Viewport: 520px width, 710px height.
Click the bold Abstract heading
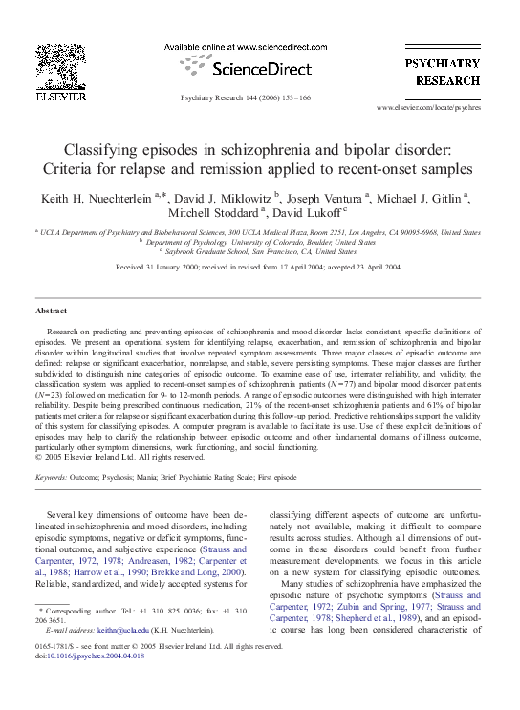tap(51, 312)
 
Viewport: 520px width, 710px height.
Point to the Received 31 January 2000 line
tap(259, 268)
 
